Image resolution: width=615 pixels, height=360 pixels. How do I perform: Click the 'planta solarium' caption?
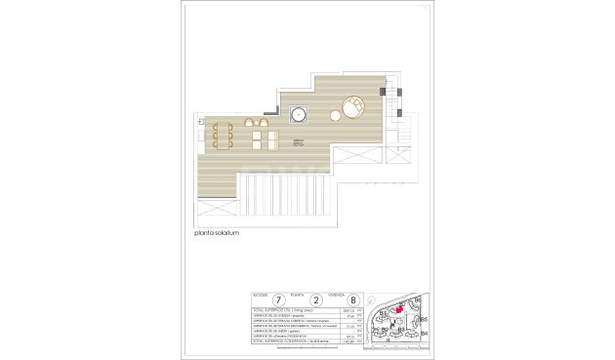click(x=217, y=234)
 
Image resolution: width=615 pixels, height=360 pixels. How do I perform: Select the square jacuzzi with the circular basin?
click(x=299, y=115)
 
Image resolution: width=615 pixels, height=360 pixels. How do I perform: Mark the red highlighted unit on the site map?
click(x=398, y=310)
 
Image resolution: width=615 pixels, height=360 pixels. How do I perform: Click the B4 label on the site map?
click(x=425, y=333)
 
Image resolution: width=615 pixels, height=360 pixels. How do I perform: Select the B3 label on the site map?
click(x=400, y=331)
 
